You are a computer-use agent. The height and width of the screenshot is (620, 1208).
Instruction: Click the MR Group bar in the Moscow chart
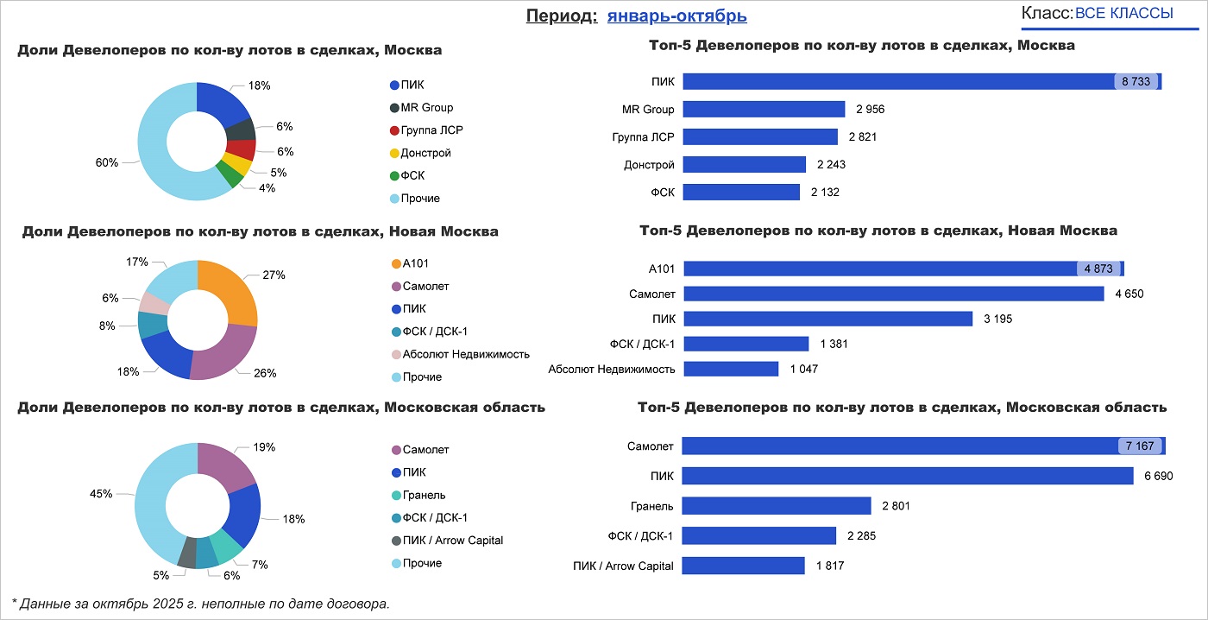[764, 109]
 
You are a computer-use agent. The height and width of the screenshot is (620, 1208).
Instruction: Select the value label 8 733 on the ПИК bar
[1136, 81]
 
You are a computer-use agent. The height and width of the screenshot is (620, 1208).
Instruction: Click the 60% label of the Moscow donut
[107, 162]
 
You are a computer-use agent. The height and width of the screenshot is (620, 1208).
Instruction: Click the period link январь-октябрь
[676, 16]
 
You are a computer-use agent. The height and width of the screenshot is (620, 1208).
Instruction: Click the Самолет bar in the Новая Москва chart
[893, 294]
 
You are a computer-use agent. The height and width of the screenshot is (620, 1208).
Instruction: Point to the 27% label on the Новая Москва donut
[274, 275]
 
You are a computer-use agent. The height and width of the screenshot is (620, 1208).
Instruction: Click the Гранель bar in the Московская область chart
[777, 505]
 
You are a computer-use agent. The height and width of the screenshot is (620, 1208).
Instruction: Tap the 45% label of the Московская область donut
[101, 494]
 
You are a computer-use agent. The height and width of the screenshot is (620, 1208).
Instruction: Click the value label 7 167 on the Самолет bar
[1140, 446]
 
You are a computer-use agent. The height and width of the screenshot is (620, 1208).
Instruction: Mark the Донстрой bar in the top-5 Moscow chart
[744, 164]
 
